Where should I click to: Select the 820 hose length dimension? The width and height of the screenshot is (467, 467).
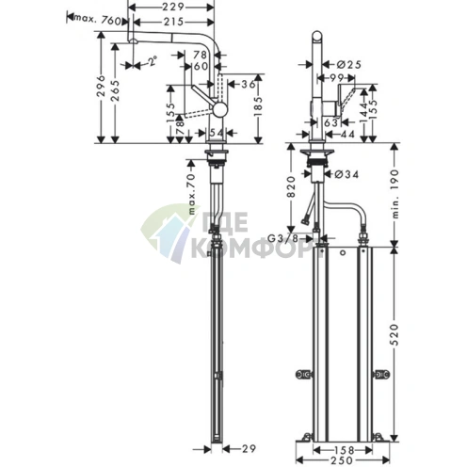point(299,198)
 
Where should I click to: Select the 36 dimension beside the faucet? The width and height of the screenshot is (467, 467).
point(247,86)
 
